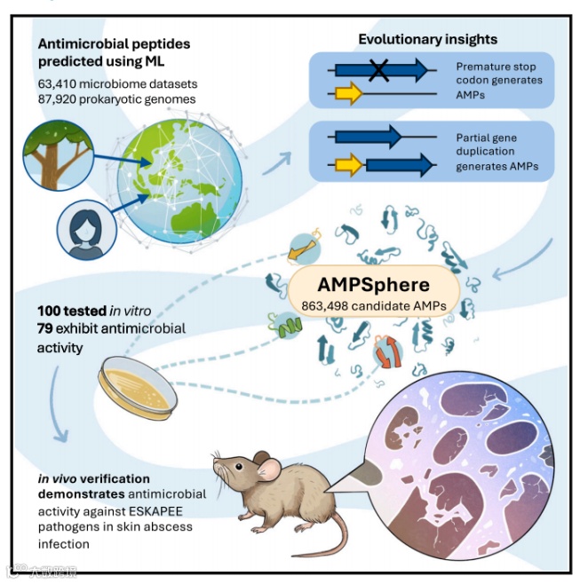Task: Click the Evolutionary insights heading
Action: (427, 40)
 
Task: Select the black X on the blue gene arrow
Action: (379, 70)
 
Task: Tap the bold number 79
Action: (47, 328)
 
